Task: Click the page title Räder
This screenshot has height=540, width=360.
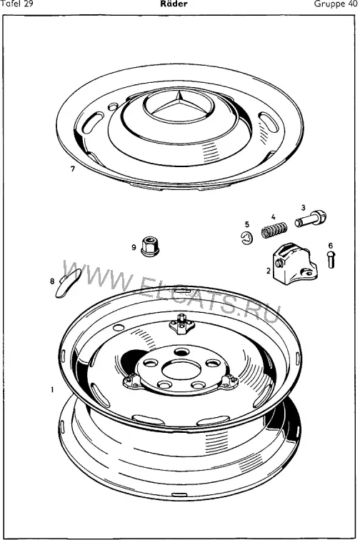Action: click(x=174, y=4)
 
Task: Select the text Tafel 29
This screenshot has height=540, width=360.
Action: click(x=17, y=4)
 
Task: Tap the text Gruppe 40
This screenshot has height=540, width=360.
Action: click(x=336, y=4)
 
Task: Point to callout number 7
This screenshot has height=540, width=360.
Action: click(x=73, y=169)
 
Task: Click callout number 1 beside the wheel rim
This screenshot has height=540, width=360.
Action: click(x=52, y=390)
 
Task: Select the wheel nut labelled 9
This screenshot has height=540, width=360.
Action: click(x=150, y=246)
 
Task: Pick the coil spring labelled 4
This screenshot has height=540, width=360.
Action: click(x=274, y=230)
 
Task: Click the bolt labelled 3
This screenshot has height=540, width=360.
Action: click(x=311, y=219)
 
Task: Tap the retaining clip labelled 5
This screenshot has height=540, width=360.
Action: click(x=246, y=239)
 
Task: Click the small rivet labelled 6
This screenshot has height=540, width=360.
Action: click(x=331, y=260)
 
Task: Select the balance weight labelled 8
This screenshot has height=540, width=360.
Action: click(x=68, y=283)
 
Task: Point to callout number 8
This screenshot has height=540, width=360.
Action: click(x=52, y=281)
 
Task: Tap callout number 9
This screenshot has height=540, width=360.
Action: click(x=134, y=247)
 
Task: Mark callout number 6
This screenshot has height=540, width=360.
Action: click(x=331, y=246)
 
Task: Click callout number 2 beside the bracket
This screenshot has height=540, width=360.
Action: click(x=269, y=271)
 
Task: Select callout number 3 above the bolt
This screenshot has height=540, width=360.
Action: click(x=303, y=208)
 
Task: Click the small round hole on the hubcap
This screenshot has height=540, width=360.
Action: click(x=113, y=106)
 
